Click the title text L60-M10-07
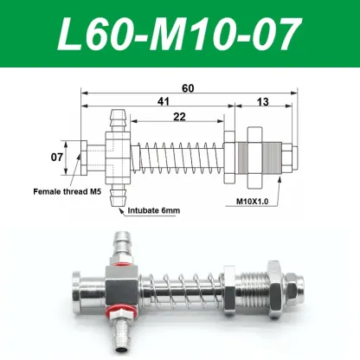179,35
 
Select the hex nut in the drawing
255,157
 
